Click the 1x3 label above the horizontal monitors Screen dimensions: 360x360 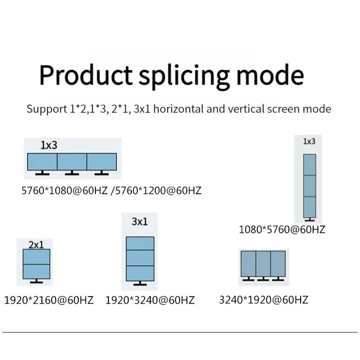(49, 145)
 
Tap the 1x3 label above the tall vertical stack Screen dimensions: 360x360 (309, 141)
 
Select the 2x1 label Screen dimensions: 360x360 (36, 245)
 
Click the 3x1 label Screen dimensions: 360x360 (139, 221)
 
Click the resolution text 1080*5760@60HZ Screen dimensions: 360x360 (282, 229)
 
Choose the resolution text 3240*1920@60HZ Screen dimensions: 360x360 (264, 300)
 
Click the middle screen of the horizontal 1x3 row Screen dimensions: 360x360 (72, 162)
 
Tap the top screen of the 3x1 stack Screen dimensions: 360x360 (140, 243)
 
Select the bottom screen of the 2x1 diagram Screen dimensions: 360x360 (36, 271)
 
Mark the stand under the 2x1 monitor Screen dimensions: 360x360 (36, 281)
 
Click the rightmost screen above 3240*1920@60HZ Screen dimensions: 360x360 (278, 264)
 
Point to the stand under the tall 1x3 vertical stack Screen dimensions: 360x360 (309, 219)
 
